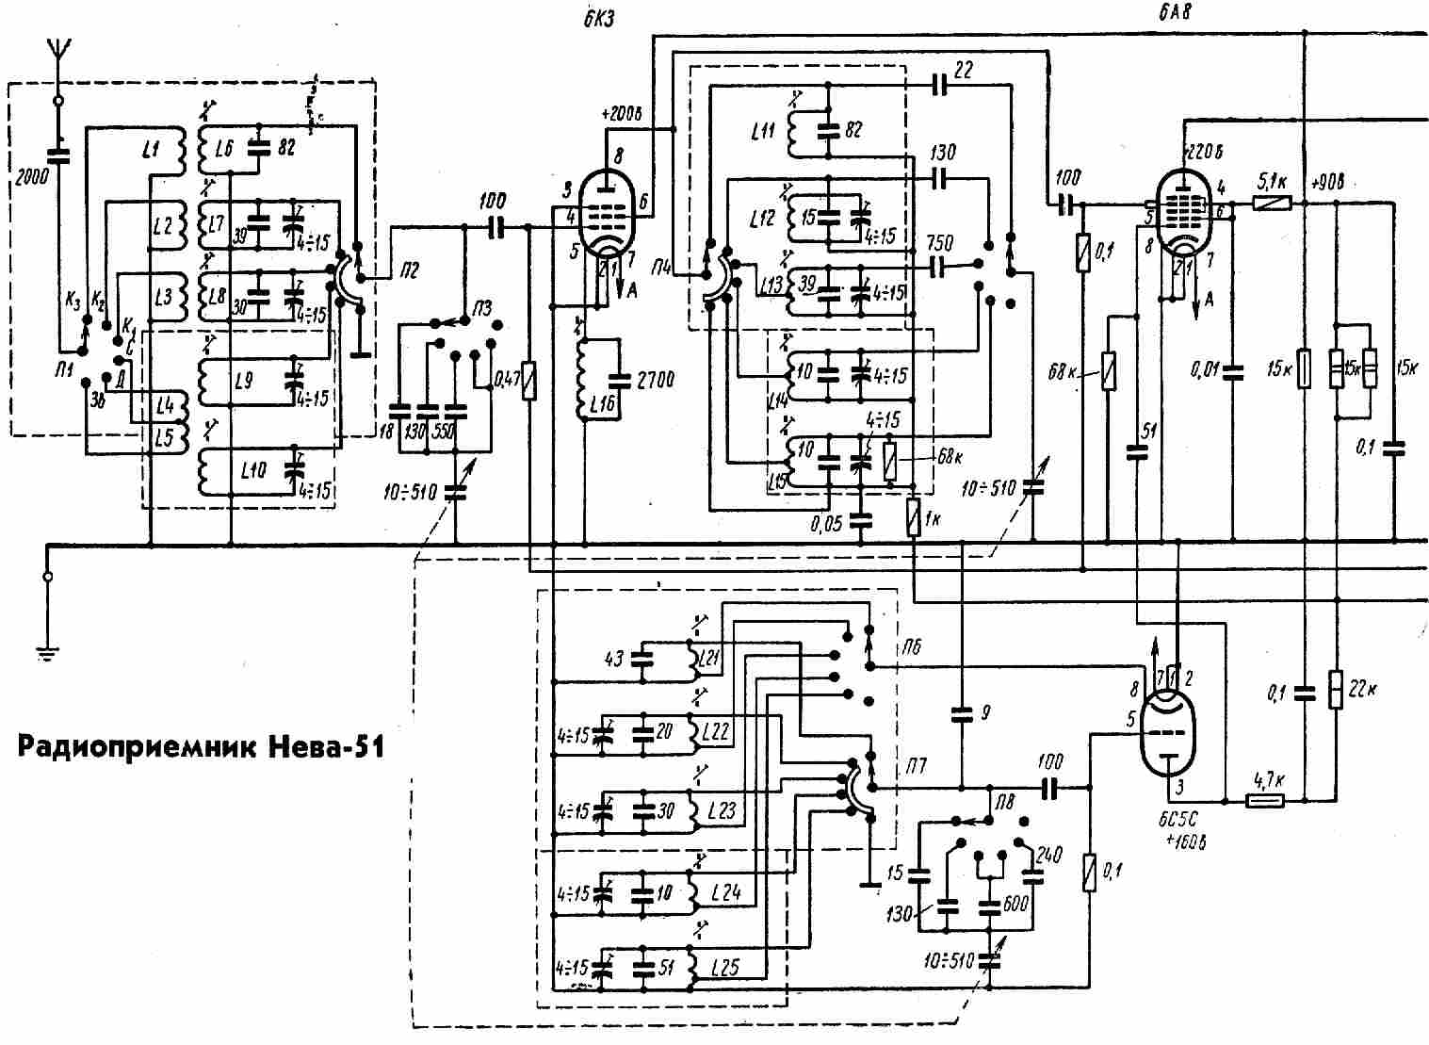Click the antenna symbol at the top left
point(57,52)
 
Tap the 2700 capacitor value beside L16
point(656,381)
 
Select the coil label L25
point(726,967)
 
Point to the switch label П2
point(408,271)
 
